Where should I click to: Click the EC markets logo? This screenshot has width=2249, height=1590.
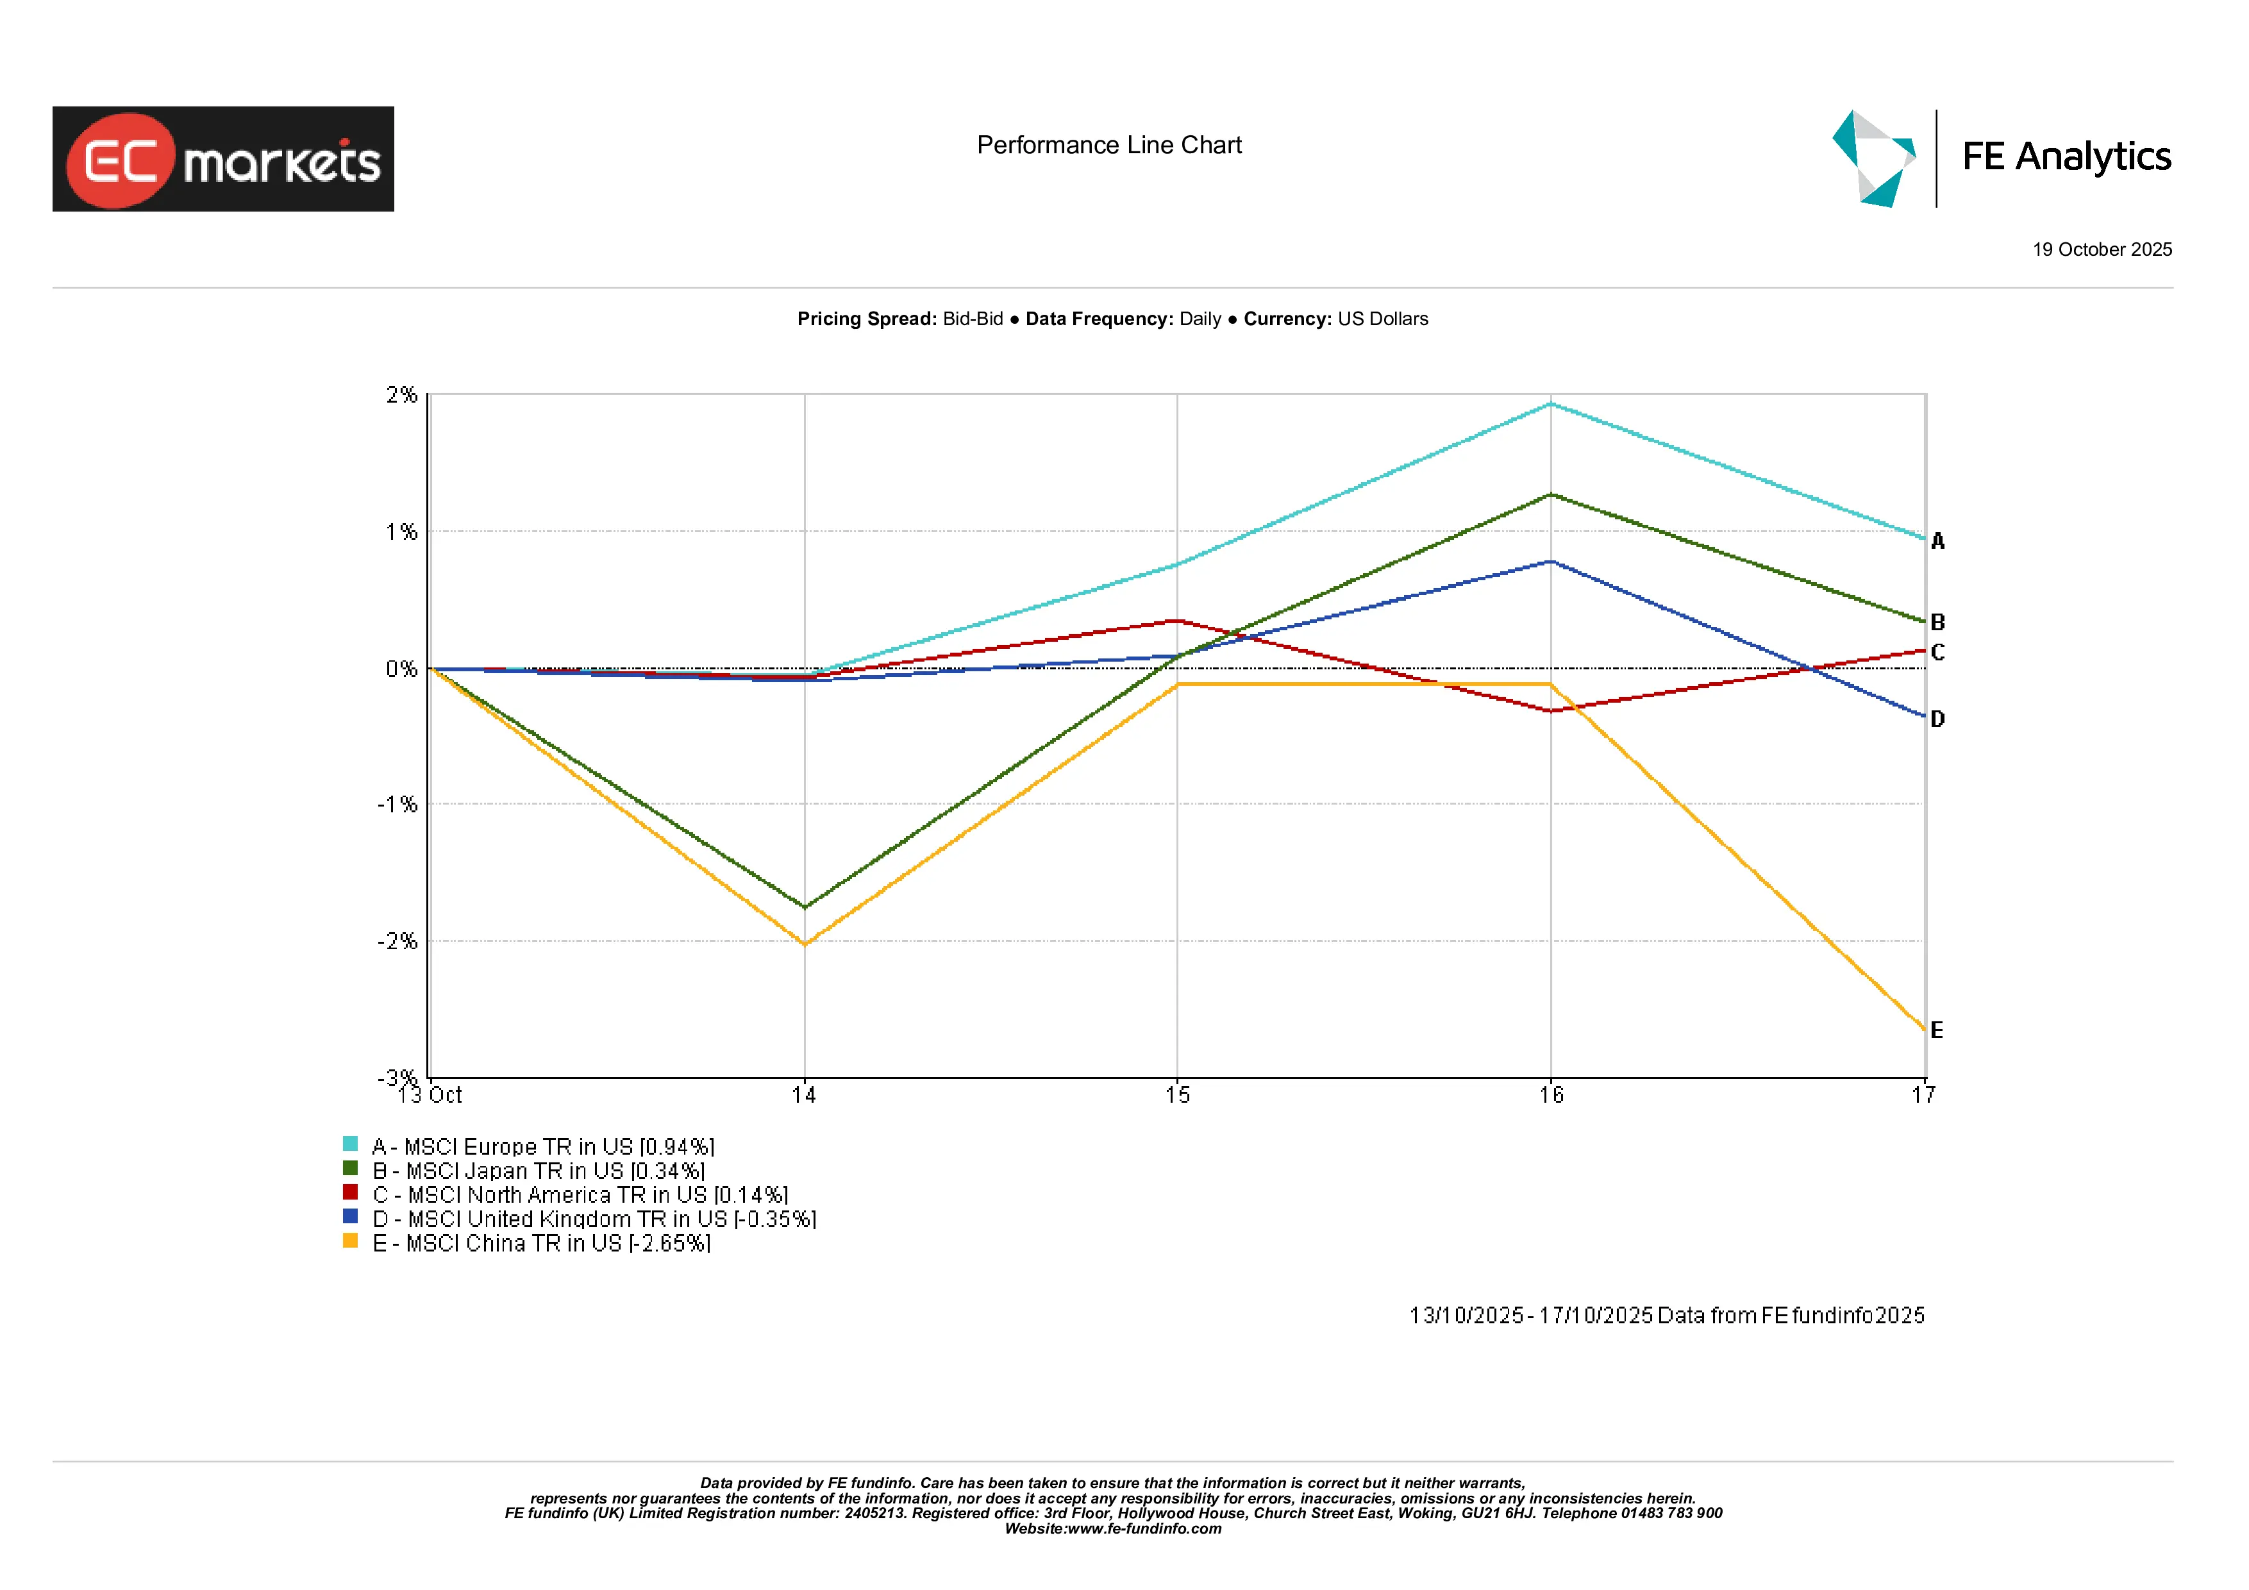[223, 159]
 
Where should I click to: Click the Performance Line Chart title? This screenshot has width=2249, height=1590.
[1109, 145]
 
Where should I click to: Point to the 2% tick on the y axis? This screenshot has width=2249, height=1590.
[401, 395]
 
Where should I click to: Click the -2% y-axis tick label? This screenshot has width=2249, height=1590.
[397, 941]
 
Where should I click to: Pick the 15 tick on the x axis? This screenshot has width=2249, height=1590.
[1178, 1095]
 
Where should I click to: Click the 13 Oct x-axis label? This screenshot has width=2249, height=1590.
[431, 1095]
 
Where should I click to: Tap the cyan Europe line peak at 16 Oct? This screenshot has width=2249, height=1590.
[1551, 404]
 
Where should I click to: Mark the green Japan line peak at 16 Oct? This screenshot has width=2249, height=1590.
[1551, 495]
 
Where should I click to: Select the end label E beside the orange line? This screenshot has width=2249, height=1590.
[1937, 1030]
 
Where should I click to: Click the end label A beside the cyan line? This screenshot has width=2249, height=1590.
[1937, 540]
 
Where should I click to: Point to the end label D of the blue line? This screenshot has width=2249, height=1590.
[1937, 719]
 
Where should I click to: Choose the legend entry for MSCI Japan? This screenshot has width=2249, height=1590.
[538, 1171]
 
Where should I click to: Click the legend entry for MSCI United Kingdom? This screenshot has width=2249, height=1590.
[594, 1219]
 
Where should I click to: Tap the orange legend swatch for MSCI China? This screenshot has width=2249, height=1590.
[349, 1240]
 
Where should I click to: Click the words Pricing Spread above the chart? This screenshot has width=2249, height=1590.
[866, 319]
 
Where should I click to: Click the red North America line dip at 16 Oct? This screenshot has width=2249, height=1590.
[1551, 710]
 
